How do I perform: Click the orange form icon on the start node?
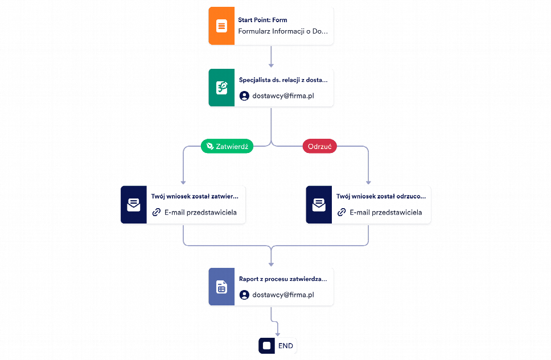pos(221,26)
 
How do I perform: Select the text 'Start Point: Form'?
pos(262,20)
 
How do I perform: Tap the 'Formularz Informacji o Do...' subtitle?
pos(283,31)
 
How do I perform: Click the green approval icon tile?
pos(221,88)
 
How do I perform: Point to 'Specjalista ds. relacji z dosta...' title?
pos(283,80)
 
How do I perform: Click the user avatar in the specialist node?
pos(244,96)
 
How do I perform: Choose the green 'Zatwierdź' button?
pos(227,146)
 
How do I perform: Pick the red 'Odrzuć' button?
pos(320,146)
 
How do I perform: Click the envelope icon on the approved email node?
pos(134,205)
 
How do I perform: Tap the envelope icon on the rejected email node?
pos(319,205)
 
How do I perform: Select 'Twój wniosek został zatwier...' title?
pos(195,196)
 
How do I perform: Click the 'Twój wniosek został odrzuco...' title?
pos(381,196)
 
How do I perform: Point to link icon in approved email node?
pos(157,212)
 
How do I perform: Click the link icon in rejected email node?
pos(342,212)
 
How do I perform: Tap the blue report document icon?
pos(221,287)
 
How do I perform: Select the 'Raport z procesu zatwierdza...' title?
pos(283,279)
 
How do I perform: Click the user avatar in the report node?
pos(244,295)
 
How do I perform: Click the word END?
pos(285,346)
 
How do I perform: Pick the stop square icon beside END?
pos(267,346)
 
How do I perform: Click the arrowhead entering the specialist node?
pos(271,65)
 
